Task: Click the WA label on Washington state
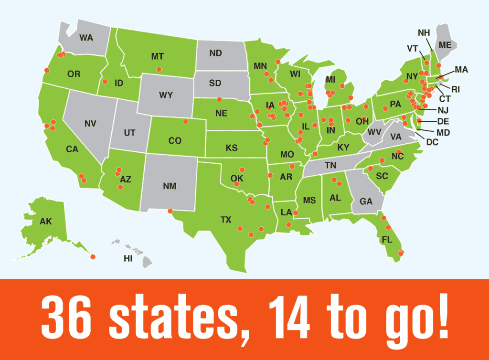click(x=86, y=37)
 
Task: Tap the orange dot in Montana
click(x=159, y=69)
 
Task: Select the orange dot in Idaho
click(x=105, y=81)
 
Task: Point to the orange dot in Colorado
click(x=186, y=121)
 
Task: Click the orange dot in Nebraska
click(x=219, y=99)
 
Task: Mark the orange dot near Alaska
click(x=93, y=257)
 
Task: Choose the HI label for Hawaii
click(x=128, y=258)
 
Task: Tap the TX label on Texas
click(x=226, y=220)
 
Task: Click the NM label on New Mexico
click(x=170, y=186)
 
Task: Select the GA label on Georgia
click(x=366, y=201)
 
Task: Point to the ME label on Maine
click(x=445, y=45)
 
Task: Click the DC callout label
click(x=432, y=142)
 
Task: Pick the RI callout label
click(x=456, y=89)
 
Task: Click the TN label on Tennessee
click(x=330, y=165)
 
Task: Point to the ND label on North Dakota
click(x=215, y=53)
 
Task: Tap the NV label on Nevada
click(x=90, y=124)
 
